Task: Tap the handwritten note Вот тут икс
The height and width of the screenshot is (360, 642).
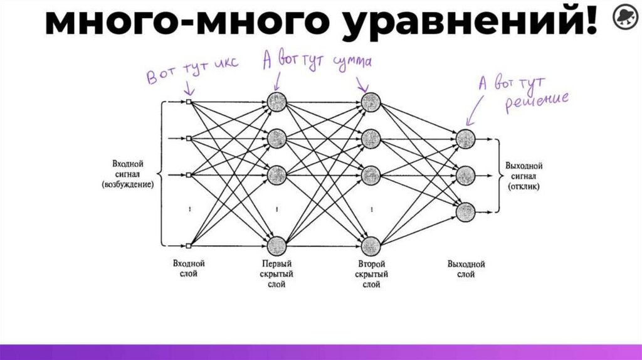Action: (x=192, y=75)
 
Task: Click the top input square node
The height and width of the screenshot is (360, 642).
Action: (x=188, y=101)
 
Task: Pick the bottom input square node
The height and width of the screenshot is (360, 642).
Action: (x=188, y=246)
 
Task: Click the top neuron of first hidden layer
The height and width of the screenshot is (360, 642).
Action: (x=276, y=100)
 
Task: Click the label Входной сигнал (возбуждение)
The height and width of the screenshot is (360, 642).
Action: (x=130, y=174)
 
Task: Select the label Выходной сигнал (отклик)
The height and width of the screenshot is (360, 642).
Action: (x=524, y=176)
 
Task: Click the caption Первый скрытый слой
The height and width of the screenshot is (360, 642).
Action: (x=276, y=274)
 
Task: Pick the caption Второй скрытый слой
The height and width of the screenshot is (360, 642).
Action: (x=371, y=274)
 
